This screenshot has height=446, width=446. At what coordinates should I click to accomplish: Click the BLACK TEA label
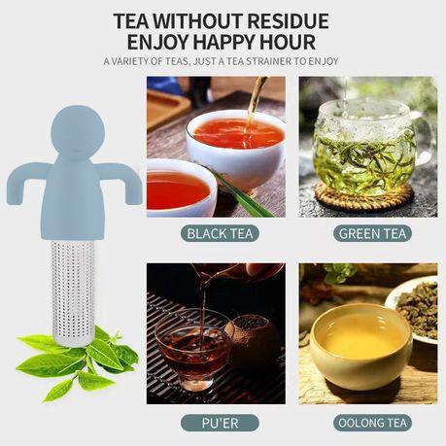220,233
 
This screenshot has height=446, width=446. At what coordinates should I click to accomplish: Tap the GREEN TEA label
372,233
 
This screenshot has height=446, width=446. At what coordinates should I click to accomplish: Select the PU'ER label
220,423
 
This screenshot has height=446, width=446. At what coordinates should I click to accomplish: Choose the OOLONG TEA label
372,423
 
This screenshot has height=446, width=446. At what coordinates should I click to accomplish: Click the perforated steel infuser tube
73,292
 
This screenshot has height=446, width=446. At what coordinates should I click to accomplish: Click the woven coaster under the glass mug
364,198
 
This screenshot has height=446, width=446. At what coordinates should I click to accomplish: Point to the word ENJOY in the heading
158,42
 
